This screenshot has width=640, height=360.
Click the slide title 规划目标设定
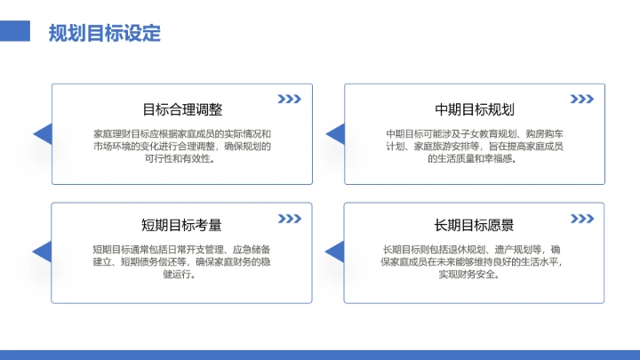(105, 34)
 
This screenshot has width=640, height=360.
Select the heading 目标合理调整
(182, 109)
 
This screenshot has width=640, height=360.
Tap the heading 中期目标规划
(475, 109)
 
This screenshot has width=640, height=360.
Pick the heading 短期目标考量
(182, 225)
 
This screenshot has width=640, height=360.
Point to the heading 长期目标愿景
(475, 225)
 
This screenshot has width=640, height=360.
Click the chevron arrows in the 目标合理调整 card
(290, 99)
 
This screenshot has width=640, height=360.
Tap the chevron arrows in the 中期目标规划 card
(582, 99)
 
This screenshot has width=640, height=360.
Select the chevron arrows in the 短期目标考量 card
(290, 218)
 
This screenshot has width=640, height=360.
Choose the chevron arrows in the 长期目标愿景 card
(582, 218)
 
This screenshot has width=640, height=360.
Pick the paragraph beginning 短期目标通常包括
(182, 262)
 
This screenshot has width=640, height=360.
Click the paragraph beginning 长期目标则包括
(475, 262)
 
